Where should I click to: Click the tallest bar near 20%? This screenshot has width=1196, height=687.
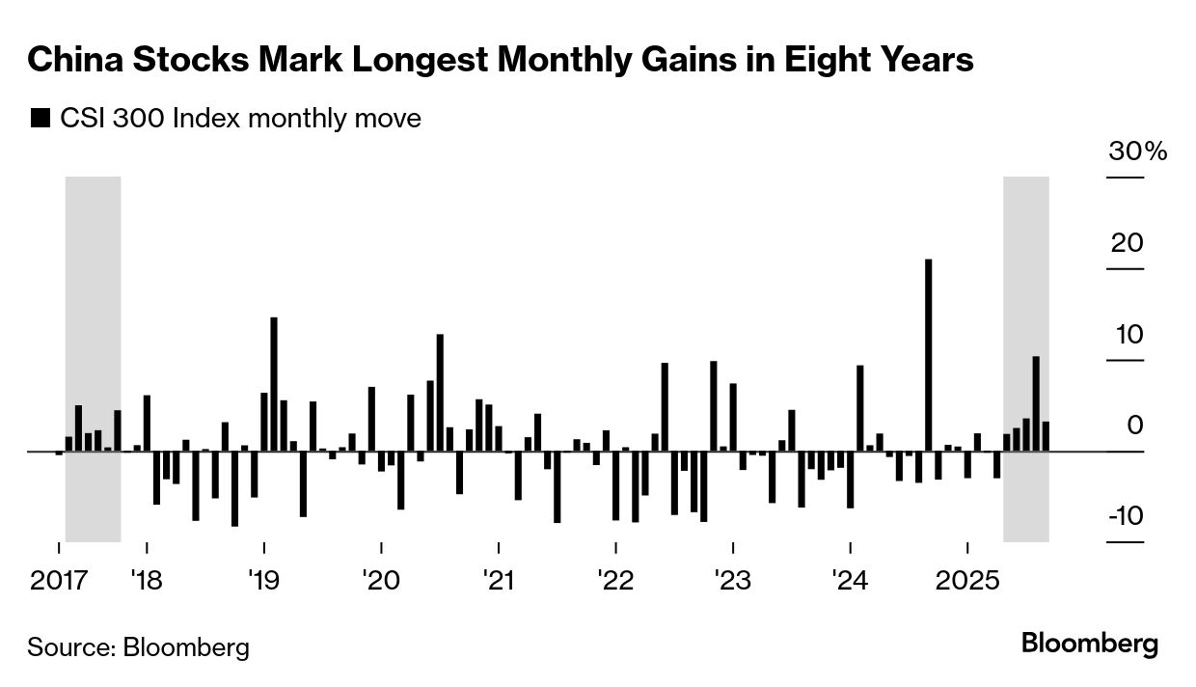(x=928, y=355)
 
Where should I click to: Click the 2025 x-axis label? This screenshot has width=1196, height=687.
(x=967, y=581)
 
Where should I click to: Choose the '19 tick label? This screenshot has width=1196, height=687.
(x=263, y=581)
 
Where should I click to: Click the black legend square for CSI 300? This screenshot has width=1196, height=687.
(x=41, y=119)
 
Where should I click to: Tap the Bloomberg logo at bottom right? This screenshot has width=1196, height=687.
(x=1090, y=644)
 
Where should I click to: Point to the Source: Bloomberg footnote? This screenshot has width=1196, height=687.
(x=138, y=646)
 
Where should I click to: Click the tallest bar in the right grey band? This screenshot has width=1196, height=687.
(x=1036, y=403)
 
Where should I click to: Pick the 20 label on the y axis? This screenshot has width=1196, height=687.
(x=1127, y=242)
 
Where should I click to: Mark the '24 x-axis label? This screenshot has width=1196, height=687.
(x=850, y=581)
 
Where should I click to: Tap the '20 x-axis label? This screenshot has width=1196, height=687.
(x=380, y=581)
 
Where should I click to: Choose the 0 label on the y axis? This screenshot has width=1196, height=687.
(x=1134, y=425)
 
